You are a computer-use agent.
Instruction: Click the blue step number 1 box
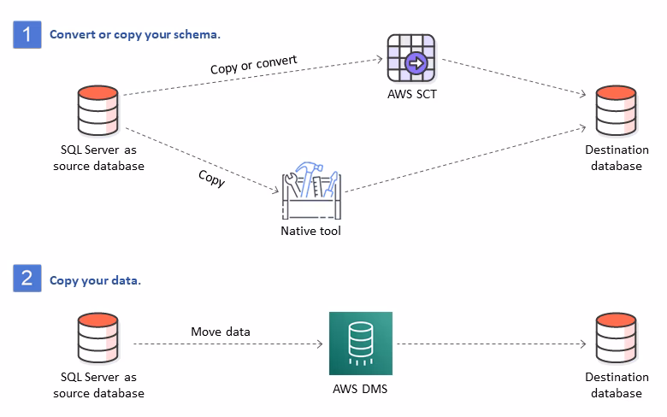coord(27,34)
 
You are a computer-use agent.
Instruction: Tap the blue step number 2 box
coord(27,278)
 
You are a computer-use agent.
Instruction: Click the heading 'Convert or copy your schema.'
coord(135,35)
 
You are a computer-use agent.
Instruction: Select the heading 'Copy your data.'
coord(95,281)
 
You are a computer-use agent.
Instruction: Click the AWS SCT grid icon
coord(411,58)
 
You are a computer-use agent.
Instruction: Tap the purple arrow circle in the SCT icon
coord(416,64)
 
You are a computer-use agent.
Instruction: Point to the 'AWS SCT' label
coord(412,94)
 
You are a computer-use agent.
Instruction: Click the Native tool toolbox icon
coord(311,191)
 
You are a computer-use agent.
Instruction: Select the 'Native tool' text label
coord(310,231)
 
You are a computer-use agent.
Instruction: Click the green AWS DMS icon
coord(361,344)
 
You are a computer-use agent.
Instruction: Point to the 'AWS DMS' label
coord(360,389)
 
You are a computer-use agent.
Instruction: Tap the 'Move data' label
coord(221,332)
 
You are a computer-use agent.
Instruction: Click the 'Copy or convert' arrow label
coord(253,65)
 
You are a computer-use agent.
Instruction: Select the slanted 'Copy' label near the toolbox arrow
coord(212,178)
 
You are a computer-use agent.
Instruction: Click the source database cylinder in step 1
coord(97,110)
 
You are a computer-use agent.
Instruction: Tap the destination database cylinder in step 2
coord(616,338)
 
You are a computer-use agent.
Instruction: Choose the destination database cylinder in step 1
coord(616,110)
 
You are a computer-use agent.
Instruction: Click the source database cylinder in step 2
coord(97,338)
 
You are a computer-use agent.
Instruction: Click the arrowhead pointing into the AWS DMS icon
coord(320,344)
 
